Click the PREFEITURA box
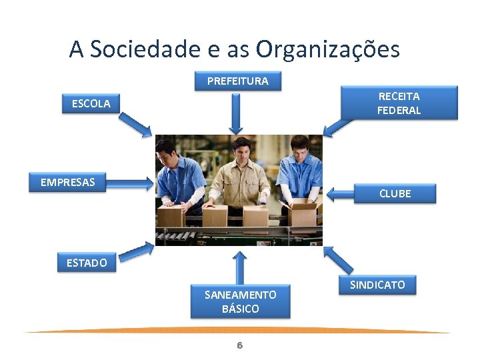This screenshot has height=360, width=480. (238, 81)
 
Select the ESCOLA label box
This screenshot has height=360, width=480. (91, 103)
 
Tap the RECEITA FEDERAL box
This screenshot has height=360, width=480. (399, 103)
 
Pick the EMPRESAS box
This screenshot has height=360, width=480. (68, 183)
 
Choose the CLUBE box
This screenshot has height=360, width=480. (395, 193)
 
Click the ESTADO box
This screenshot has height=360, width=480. (87, 263)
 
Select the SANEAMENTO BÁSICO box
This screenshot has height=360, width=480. (240, 302)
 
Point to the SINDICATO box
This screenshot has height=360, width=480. (377, 285)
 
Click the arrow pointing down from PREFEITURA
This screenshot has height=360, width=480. (235, 113)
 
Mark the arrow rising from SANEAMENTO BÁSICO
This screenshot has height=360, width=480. (239, 267)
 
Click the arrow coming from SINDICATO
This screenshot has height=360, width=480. (339, 260)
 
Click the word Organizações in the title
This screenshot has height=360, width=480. (328, 49)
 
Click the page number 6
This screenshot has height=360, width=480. (240, 345)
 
